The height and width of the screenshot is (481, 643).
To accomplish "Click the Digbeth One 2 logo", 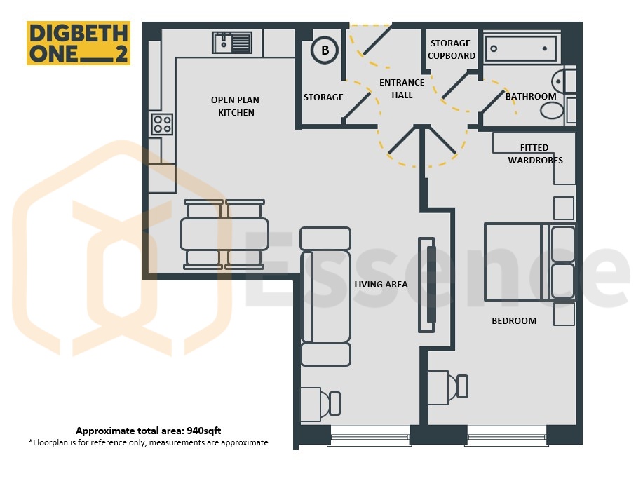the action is [79, 43].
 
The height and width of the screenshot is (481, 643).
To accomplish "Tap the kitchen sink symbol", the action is [232, 43].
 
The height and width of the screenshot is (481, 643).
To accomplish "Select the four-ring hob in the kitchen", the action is [163, 124].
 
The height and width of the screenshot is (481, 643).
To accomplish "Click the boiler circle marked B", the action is [325, 50].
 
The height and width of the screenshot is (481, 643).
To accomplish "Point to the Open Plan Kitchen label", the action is [236, 106].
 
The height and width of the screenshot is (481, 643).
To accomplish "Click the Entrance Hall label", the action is [402, 88].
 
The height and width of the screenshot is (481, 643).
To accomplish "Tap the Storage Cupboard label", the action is [451, 49].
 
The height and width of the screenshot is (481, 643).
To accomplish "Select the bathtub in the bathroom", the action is [521, 48].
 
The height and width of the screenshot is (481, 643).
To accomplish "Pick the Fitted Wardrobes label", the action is [535, 154].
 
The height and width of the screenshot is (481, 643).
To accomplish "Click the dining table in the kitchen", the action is [224, 234].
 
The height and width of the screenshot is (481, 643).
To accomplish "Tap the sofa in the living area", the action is [325, 296].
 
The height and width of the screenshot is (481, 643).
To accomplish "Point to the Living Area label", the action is [381, 284].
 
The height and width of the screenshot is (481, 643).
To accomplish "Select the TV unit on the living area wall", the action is [426, 285].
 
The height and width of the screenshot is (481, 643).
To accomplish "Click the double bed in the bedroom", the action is [529, 262].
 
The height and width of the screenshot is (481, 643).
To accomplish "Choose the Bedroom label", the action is [514, 320].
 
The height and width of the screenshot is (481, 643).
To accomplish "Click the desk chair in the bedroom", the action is [459, 386].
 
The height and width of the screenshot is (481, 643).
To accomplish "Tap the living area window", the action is [369, 435].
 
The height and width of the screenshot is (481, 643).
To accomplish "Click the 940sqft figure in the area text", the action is [204, 431].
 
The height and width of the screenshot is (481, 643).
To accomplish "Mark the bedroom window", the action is [506, 435].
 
